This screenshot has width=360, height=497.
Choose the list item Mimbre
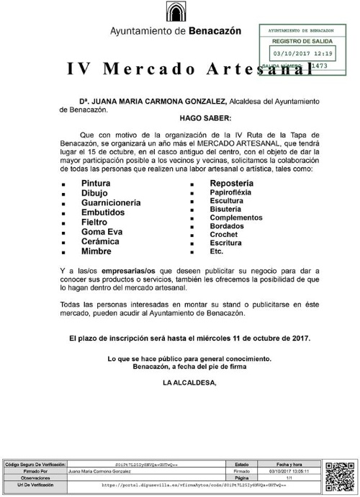coord(96,252)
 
